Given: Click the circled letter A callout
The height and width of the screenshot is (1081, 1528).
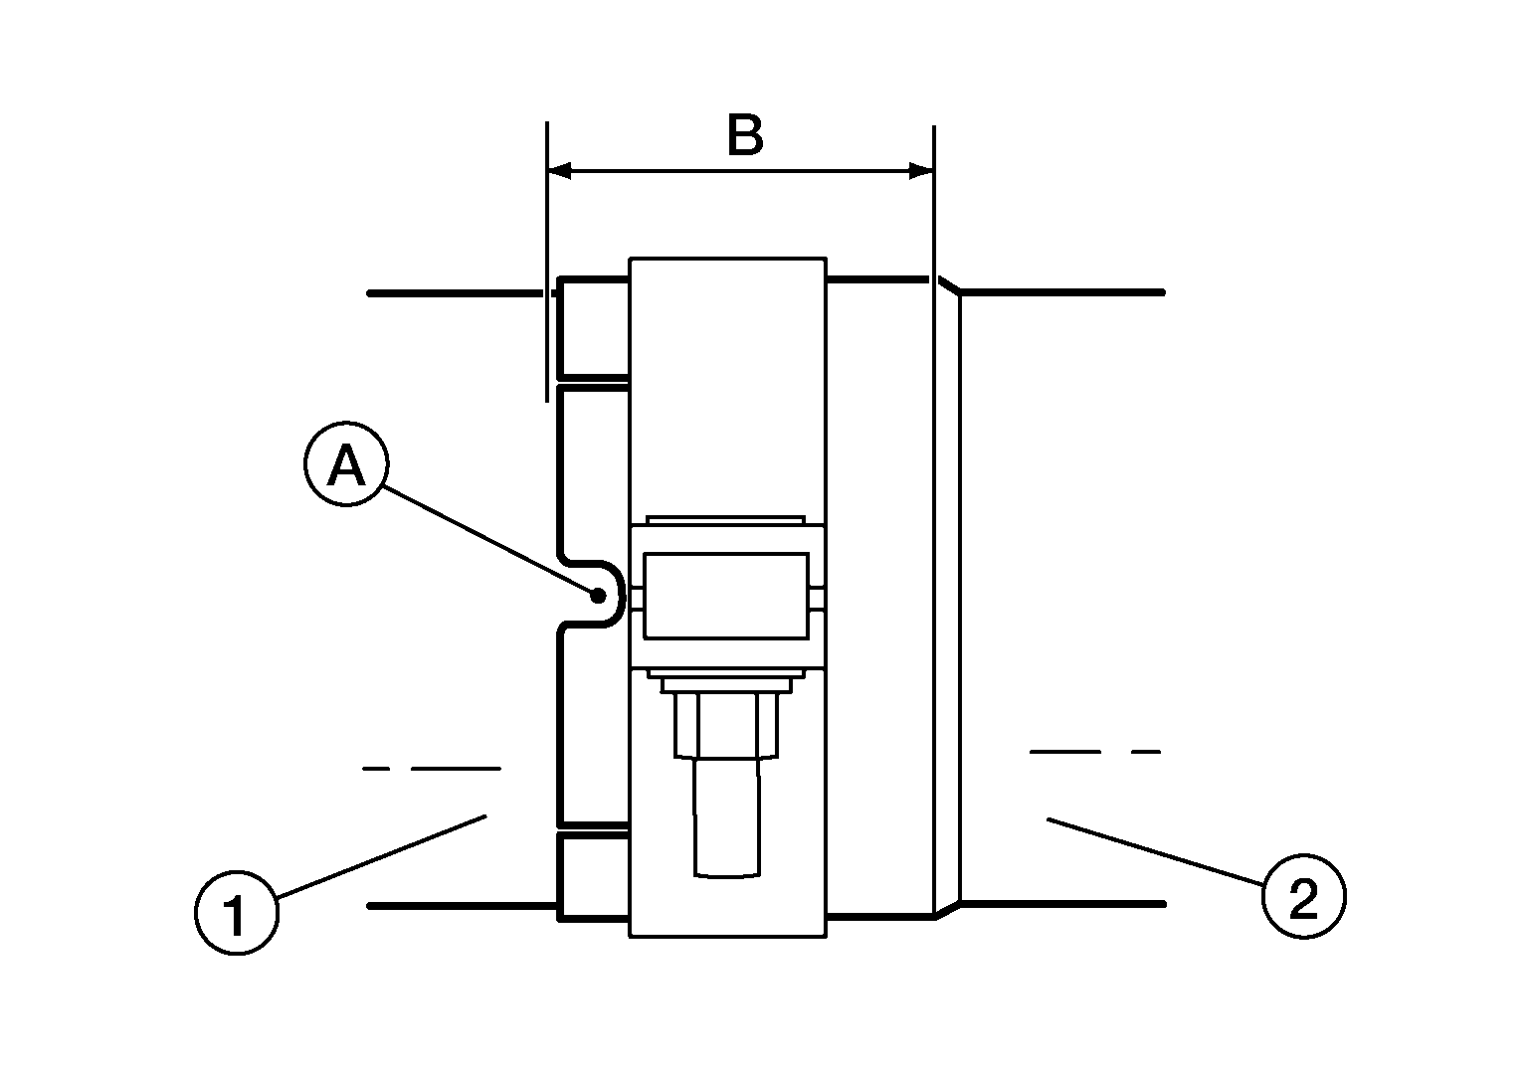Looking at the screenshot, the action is (x=346, y=463).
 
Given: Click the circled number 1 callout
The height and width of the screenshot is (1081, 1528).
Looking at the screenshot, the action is (x=237, y=913).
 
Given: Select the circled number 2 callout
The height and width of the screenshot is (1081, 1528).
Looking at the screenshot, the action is (x=1303, y=896).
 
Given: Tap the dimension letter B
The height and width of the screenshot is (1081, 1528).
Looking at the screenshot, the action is (x=745, y=134).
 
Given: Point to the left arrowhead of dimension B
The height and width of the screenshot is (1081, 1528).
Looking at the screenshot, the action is (x=559, y=170).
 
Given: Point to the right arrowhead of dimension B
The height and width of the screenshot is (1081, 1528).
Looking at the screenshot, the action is (x=921, y=170).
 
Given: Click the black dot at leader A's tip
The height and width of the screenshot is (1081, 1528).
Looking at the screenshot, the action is (x=598, y=596).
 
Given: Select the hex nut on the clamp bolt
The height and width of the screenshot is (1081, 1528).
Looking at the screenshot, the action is (x=726, y=724).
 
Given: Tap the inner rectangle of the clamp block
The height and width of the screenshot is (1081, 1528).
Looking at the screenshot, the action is (x=726, y=596).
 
